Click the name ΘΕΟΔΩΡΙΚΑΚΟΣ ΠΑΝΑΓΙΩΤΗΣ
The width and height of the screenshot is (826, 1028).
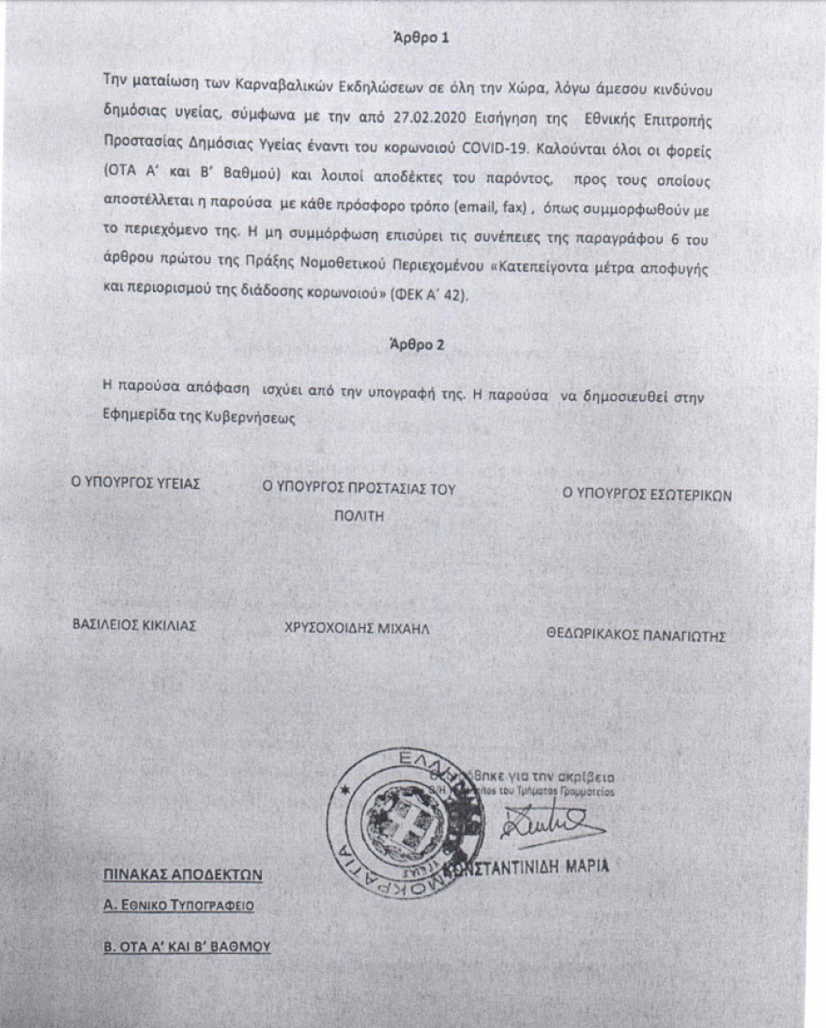click(x=637, y=635)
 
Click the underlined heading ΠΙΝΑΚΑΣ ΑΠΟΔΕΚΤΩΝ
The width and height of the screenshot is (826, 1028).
click(x=183, y=876)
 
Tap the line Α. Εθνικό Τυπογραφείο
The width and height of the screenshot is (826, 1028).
click(x=178, y=907)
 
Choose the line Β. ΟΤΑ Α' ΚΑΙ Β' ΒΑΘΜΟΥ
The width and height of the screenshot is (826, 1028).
click(x=187, y=946)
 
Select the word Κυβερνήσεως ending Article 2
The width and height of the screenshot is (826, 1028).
click(x=247, y=416)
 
